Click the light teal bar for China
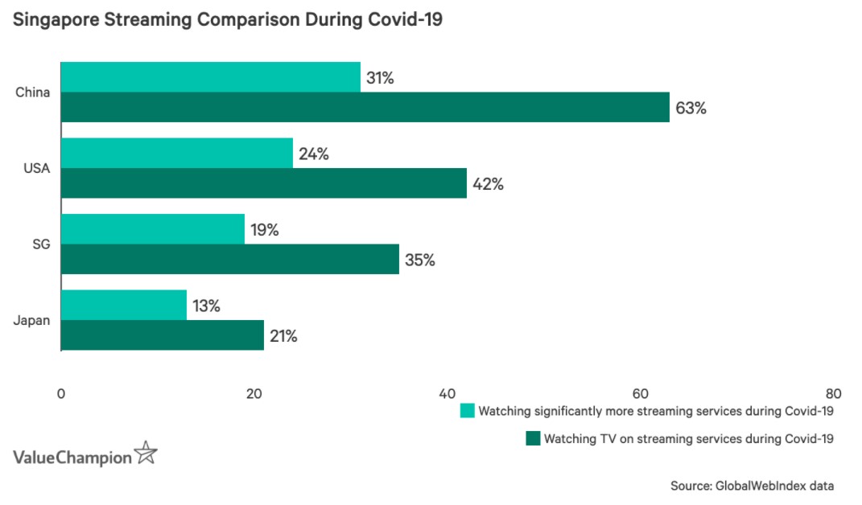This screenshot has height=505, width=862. (211, 77)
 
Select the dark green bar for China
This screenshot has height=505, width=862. (365, 107)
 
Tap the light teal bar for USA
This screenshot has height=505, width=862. (177, 153)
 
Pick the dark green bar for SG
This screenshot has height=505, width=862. (229, 260)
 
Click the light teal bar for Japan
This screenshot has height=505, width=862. (124, 306)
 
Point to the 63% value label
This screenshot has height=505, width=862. (691, 108)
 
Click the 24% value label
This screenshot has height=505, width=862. (313, 154)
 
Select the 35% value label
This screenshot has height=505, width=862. (419, 261)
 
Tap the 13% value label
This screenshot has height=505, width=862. (206, 306)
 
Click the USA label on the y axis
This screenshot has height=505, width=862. (37, 168)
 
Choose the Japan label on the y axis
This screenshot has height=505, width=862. (32, 320)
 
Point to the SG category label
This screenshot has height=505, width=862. (43, 244)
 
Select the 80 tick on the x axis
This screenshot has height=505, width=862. (833, 394)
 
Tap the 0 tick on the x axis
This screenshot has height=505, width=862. (61, 394)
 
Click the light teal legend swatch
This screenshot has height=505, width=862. (467, 412)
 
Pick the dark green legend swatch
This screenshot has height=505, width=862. (532, 439)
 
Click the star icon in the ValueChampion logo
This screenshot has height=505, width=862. (146, 454)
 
